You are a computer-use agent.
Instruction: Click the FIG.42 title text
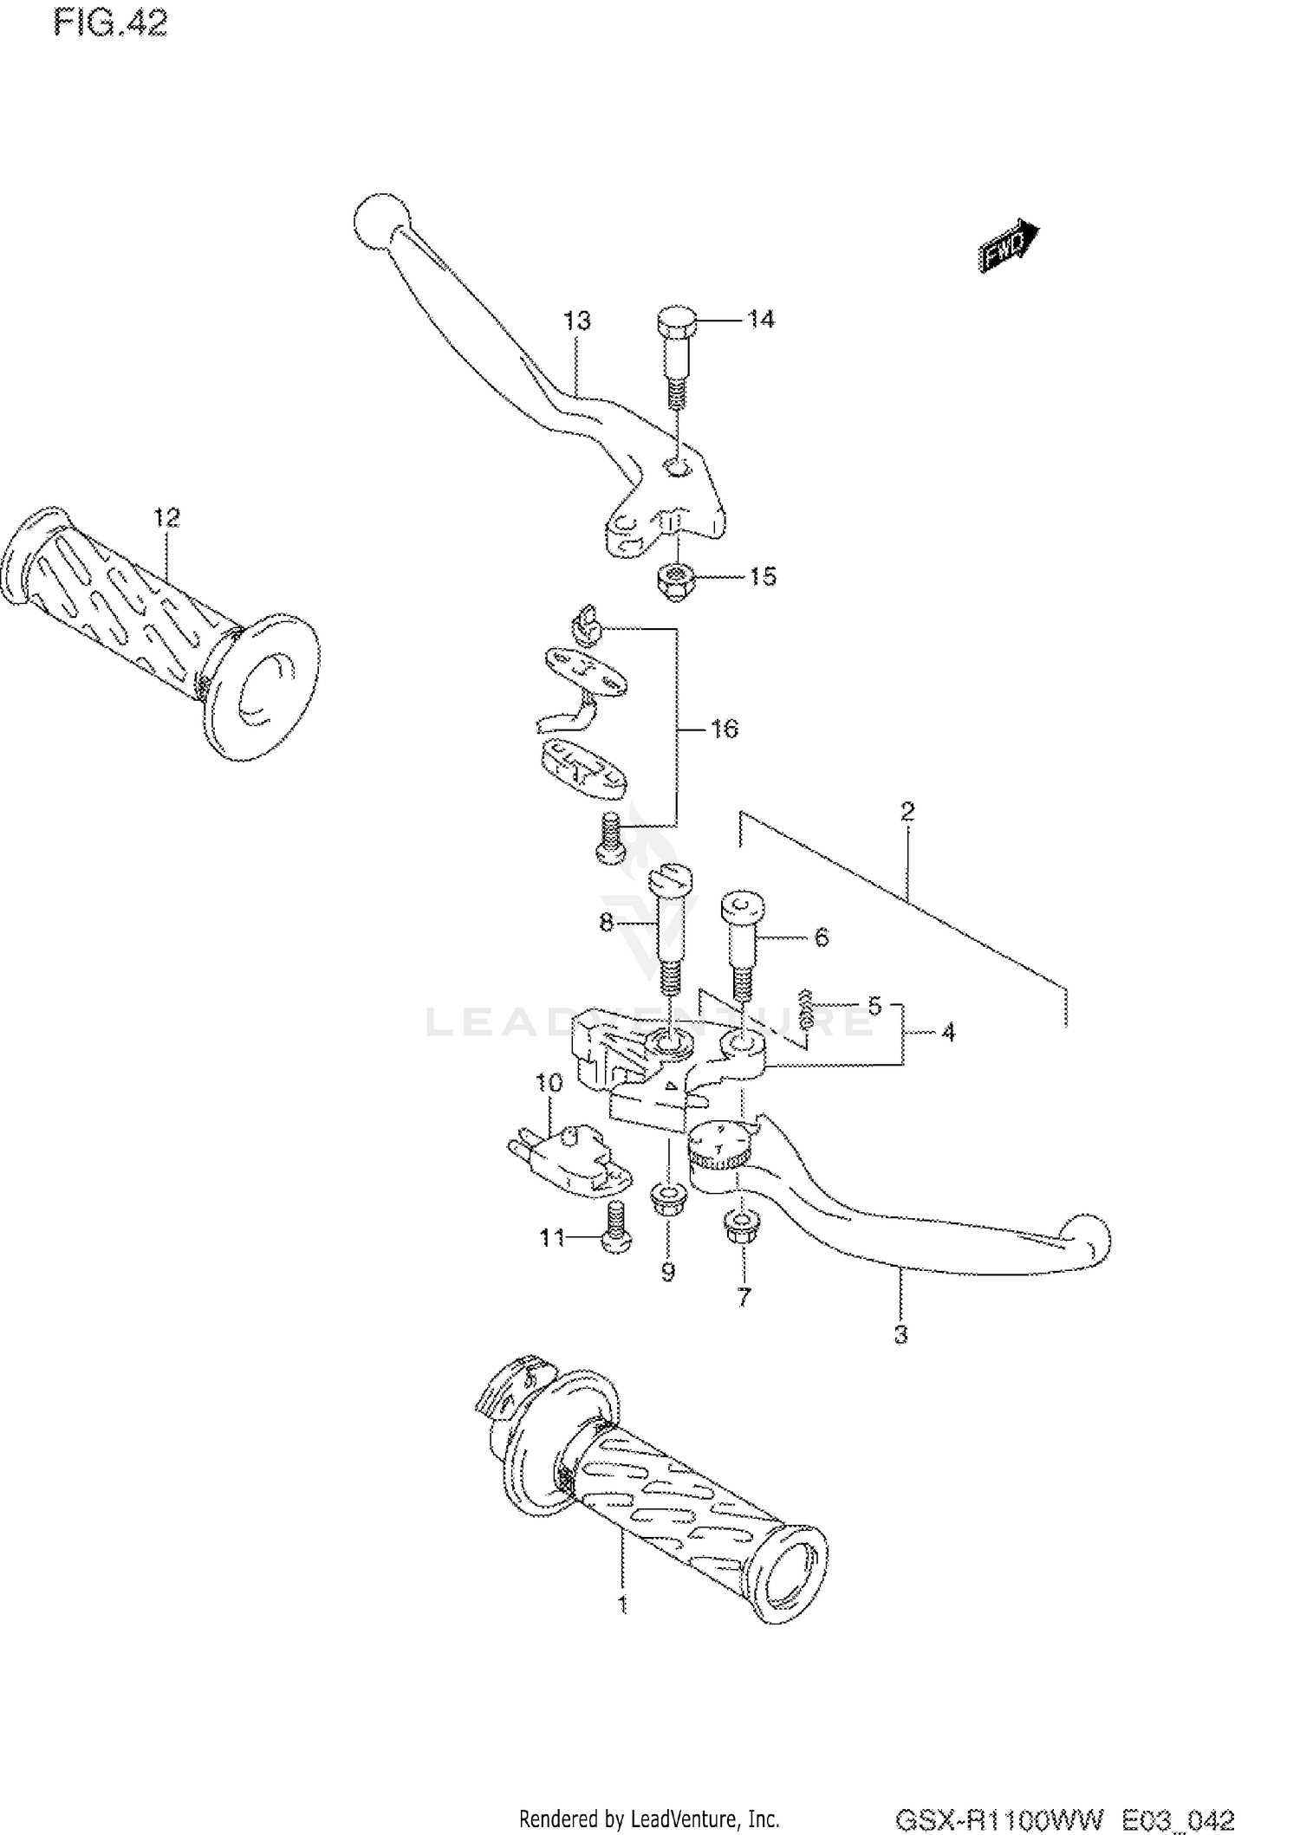coord(109,23)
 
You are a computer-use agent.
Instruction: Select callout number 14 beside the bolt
coord(761,320)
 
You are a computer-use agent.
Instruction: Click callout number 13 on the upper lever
coord(576,321)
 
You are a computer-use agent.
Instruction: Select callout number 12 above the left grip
coord(166,517)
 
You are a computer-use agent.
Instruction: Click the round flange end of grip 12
coord(264,685)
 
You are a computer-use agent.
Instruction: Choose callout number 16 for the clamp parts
coord(724,729)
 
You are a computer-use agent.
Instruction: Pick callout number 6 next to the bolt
coord(821,937)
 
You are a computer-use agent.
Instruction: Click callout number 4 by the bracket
coord(947,1033)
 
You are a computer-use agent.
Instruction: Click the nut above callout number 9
coord(667,1201)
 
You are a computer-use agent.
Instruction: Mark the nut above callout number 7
coord(742,1229)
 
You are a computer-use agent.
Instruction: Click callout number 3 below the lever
coord(900,1335)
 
